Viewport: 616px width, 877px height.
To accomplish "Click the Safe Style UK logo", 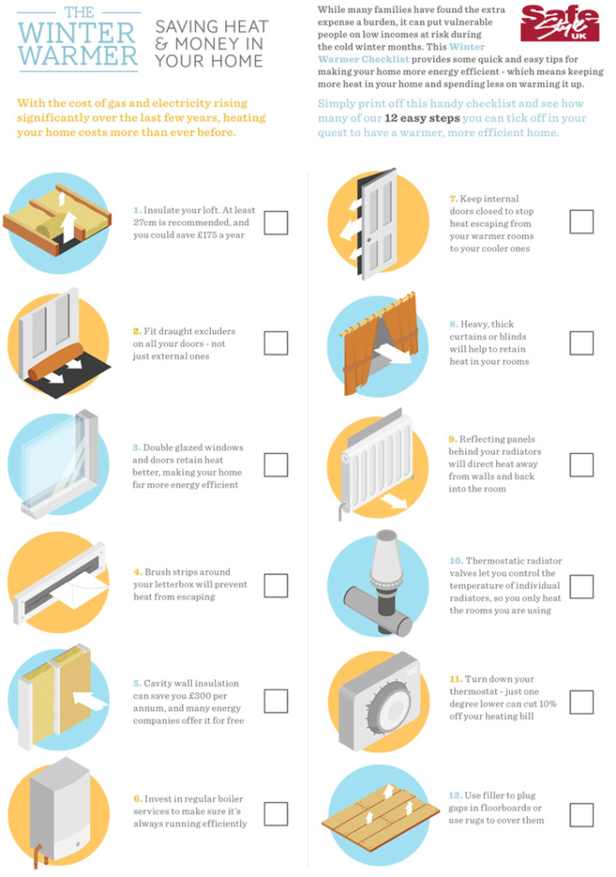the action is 559,23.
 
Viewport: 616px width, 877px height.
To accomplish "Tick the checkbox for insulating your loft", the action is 276,223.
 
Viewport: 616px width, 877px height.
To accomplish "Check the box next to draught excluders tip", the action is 276,343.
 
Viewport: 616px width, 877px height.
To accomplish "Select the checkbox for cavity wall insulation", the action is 276,701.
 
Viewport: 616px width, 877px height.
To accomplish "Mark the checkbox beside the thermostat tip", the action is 582,702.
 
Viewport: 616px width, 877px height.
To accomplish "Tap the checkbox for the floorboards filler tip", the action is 582,815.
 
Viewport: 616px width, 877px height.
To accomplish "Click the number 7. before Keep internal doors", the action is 454,199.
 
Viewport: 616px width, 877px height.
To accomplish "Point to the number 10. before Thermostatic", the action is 456,560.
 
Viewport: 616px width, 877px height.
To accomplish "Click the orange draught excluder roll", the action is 56,362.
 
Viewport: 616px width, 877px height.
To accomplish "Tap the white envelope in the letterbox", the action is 84,589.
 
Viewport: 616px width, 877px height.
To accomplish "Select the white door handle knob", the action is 369,240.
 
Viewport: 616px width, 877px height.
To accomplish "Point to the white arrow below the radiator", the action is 392,500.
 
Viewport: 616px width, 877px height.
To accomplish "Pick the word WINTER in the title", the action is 76,33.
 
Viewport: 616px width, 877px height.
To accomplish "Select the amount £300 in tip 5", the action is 200,695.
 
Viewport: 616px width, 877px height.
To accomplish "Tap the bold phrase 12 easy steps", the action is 422,118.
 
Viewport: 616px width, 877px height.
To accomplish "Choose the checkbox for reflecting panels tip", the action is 582,465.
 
